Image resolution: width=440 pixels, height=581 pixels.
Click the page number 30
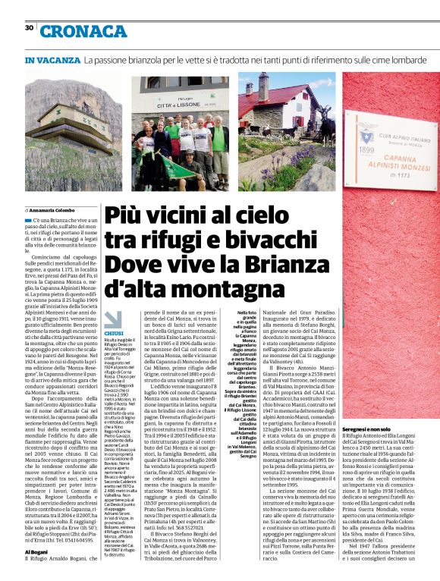coord(29,28)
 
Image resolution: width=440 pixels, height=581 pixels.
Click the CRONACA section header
coord(83,31)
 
